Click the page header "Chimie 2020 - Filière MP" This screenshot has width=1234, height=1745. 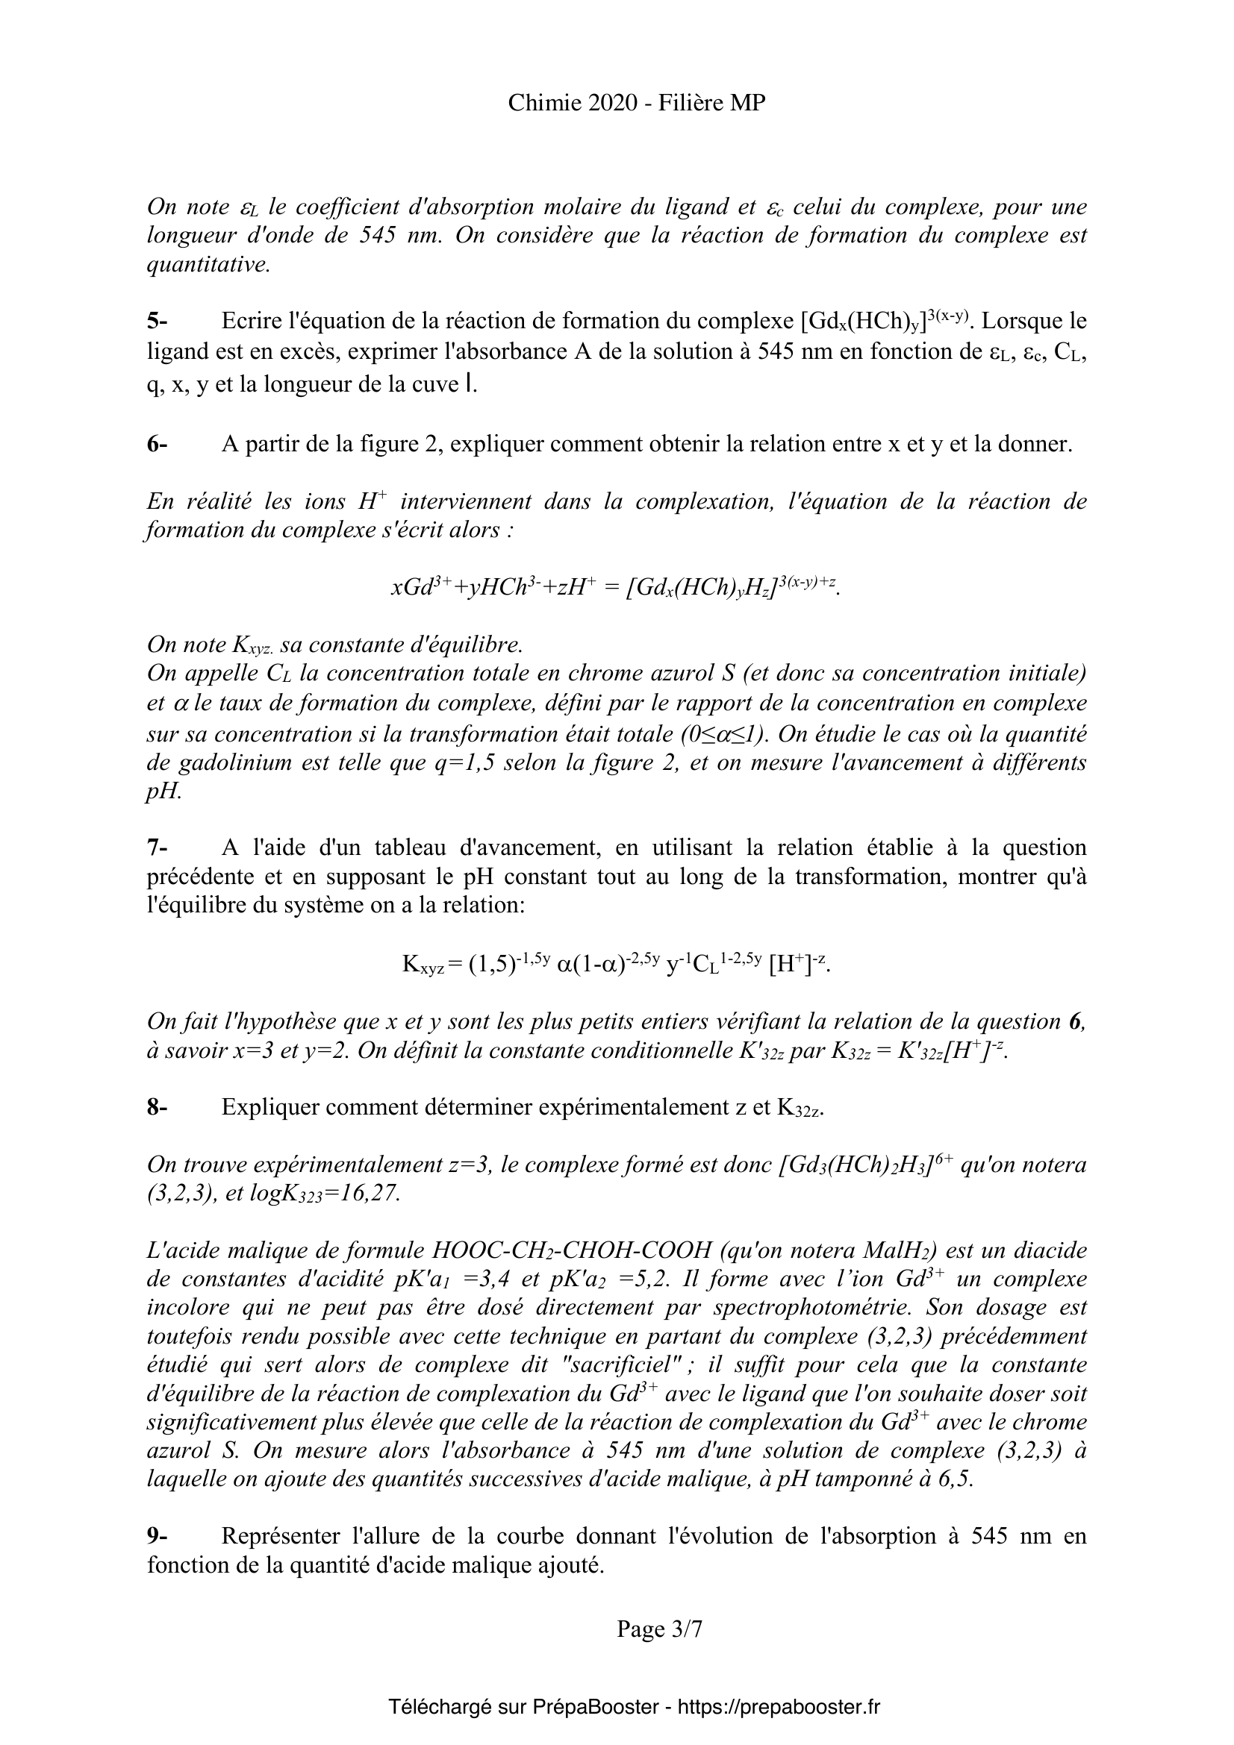[x=636, y=103]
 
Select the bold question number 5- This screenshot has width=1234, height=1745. [x=158, y=322]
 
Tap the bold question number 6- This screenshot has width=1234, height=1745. [x=158, y=444]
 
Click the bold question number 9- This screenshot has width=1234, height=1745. [x=158, y=1514]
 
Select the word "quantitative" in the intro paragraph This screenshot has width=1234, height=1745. [x=207, y=266]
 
